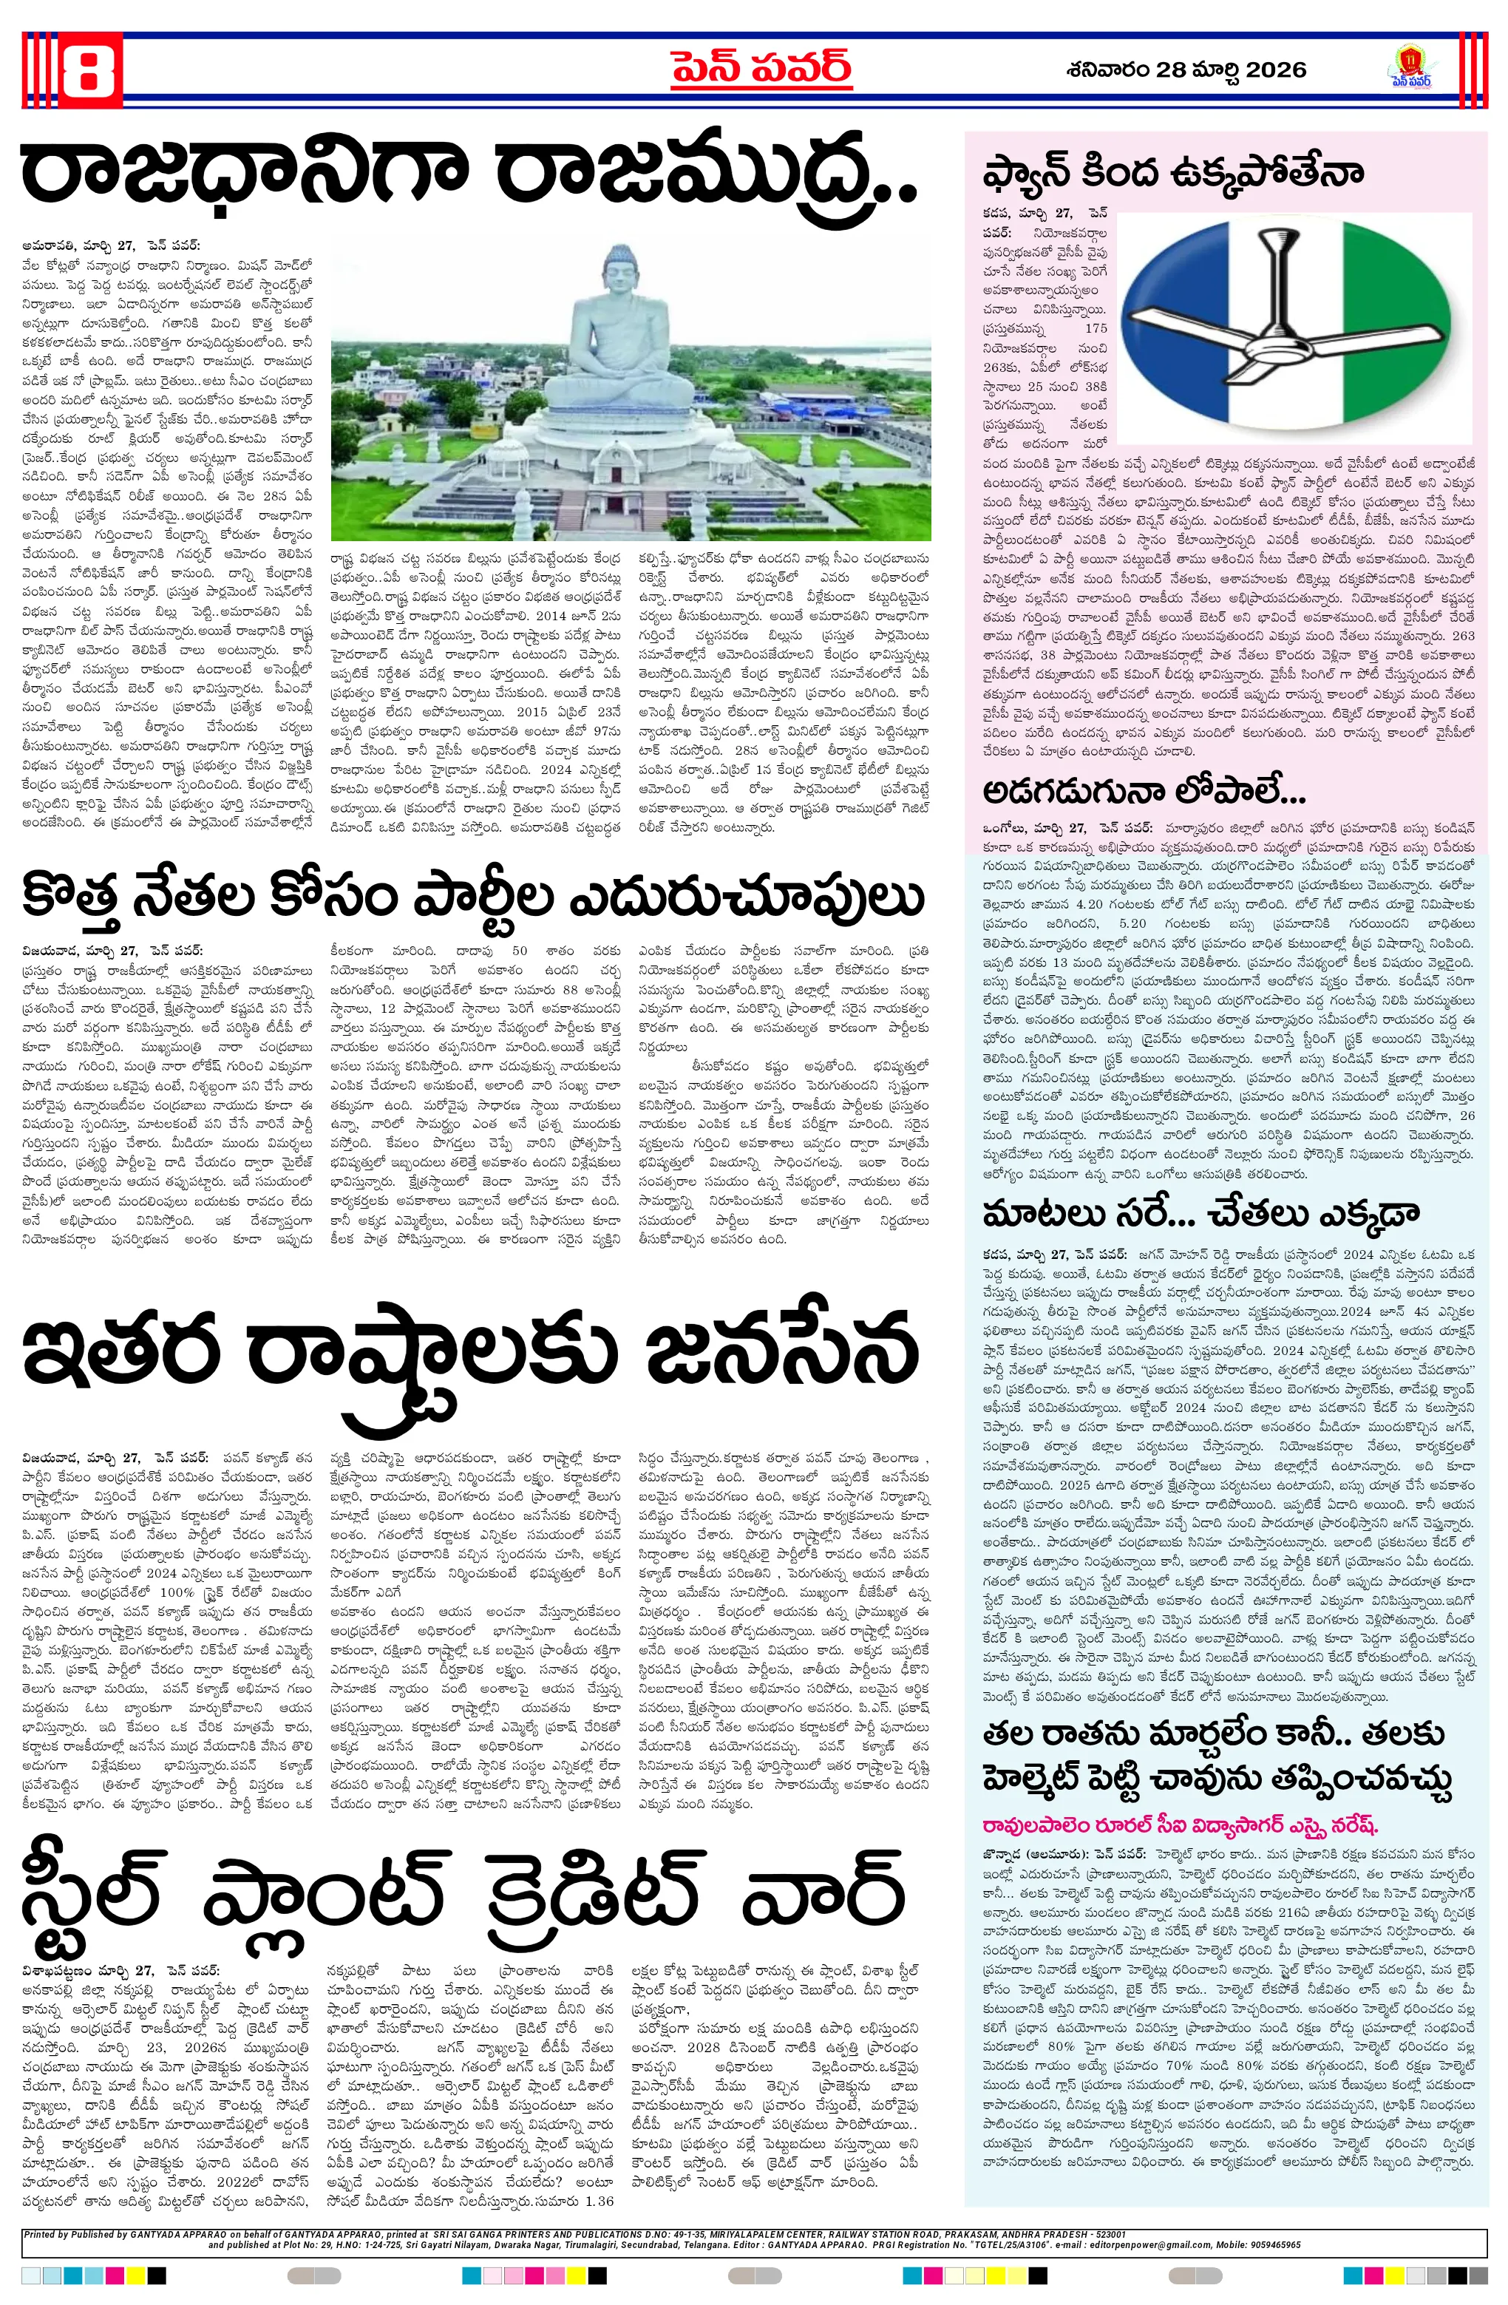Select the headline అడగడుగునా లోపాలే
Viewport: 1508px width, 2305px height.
pos(1143,790)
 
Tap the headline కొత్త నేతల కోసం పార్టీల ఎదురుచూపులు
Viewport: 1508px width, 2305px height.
pos(472,897)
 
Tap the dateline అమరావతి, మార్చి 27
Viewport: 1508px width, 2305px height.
pos(82,246)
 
